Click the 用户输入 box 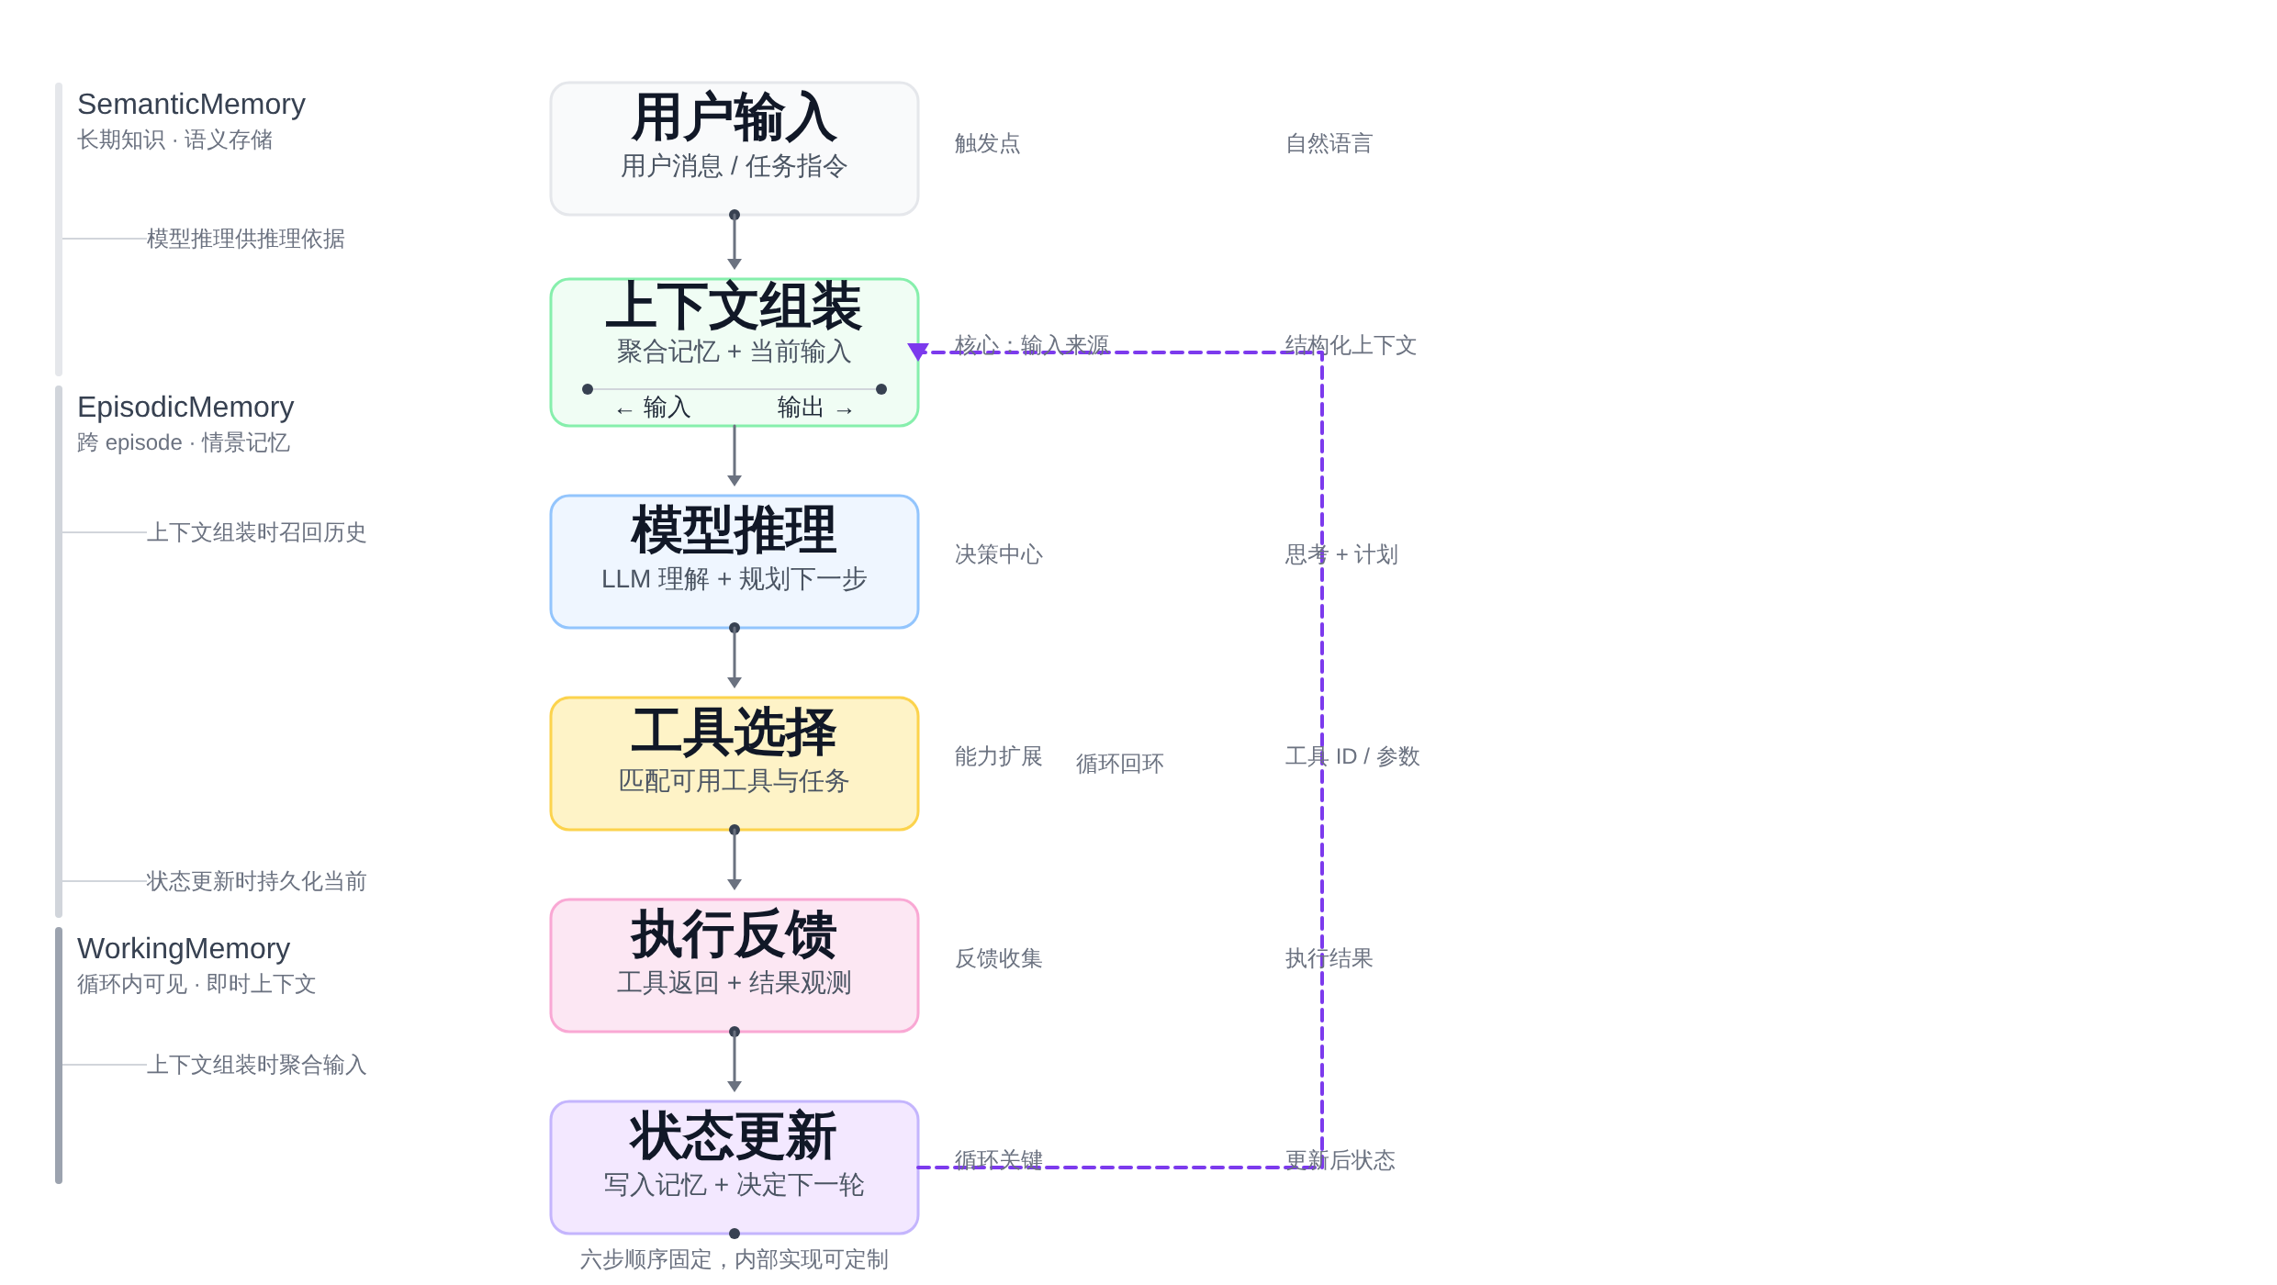pyautogui.click(x=734, y=149)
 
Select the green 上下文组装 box pyautogui.click(x=734, y=352)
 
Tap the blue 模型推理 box pyautogui.click(x=734, y=561)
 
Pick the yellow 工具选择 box pyautogui.click(x=734, y=763)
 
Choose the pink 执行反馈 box pyautogui.click(x=734, y=965)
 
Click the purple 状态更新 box pyautogui.click(x=734, y=1167)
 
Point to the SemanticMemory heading pyautogui.click(x=191, y=105)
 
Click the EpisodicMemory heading pyautogui.click(x=185, y=408)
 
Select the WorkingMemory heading pyautogui.click(x=184, y=949)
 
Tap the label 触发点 pyautogui.click(x=987, y=143)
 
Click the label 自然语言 pyautogui.click(x=1329, y=143)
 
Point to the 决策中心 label pyautogui.click(x=998, y=554)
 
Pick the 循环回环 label pyautogui.click(x=1119, y=764)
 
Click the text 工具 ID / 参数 pyautogui.click(x=1352, y=756)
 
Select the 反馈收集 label pyautogui.click(x=998, y=958)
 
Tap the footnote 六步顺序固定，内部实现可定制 pyautogui.click(x=734, y=1259)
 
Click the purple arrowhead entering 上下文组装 pyautogui.click(x=918, y=352)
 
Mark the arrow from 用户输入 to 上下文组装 pyautogui.click(x=734, y=240)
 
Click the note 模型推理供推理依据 pyautogui.click(x=245, y=239)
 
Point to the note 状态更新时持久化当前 pyautogui.click(x=256, y=881)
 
